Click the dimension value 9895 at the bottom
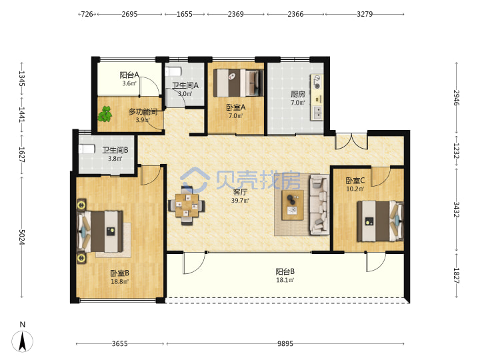(285, 344)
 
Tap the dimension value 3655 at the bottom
(119, 344)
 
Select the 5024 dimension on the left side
(22, 237)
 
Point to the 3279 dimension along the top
(365, 14)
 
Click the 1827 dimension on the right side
(456, 275)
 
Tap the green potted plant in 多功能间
(105, 114)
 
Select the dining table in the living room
(187, 205)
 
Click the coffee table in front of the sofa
(293, 205)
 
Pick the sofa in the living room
(319, 205)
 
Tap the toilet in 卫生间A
(173, 71)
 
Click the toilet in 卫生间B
(86, 149)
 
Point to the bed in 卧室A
(239, 83)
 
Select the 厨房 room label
(298, 94)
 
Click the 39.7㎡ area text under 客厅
(240, 201)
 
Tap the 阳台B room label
(285, 271)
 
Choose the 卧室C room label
(355, 181)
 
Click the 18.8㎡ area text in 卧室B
(120, 281)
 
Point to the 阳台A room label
(129, 75)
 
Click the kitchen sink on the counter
(317, 113)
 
